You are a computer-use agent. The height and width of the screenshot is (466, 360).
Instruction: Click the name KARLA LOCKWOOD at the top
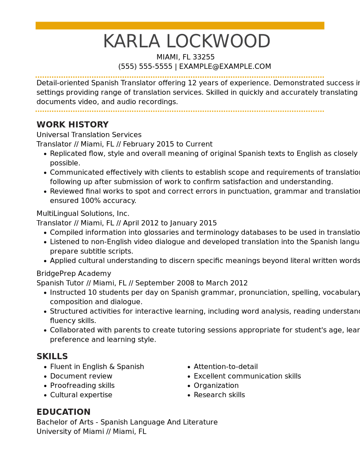pos(186,42)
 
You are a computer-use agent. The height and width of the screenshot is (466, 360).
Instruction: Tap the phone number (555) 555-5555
pos(145,67)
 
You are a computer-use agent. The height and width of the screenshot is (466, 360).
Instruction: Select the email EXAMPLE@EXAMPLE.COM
pos(225,67)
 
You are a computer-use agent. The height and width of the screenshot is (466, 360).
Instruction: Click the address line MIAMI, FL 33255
pos(185,57)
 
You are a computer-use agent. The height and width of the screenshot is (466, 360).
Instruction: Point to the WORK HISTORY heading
pos(72,125)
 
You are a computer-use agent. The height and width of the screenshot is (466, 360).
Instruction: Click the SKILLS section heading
pos(52,357)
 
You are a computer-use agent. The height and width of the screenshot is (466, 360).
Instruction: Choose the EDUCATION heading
pos(63,412)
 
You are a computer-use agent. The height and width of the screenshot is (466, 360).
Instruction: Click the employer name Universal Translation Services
pos(89,135)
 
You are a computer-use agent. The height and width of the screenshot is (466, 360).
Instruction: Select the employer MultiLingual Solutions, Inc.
pos(83,214)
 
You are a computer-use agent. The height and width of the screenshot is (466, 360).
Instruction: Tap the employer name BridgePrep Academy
pos(74,274)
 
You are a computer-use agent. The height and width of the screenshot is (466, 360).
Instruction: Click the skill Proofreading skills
pos(82,386)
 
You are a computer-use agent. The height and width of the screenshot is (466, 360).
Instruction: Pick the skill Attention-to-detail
pos(225,367)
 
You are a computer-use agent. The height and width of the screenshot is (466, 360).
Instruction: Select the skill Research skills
pos(219,395)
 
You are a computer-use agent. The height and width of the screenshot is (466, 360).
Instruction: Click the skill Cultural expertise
pos(81,395)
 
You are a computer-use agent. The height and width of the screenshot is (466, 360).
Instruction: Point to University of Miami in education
pos(70,432)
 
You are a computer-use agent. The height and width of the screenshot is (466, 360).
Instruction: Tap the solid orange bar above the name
pos(180,26)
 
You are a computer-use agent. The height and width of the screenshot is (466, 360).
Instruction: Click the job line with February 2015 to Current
pos(124,144)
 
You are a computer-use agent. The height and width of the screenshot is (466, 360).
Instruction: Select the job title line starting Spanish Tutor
pos(142,283)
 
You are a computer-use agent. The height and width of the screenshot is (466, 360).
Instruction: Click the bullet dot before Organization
pos(189,386)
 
